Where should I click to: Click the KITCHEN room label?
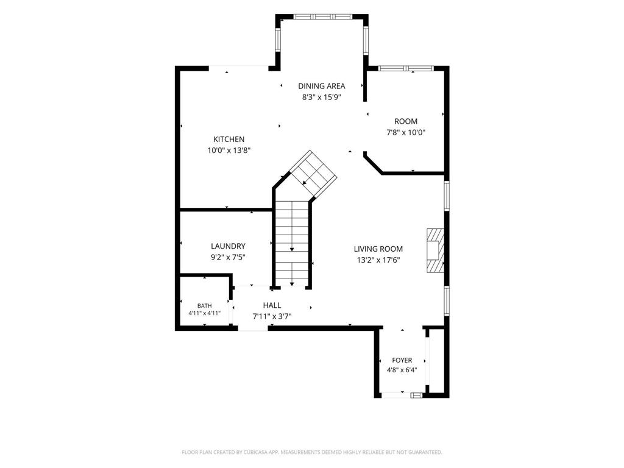tap(229, 140)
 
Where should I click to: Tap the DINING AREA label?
tap(322, 86)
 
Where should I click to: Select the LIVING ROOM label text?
tap(378, 249)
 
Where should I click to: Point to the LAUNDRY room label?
tap(228, 246)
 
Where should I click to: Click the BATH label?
tap(205, 306)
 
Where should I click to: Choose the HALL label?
tap(272, 305)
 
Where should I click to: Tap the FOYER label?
tap(402, 360)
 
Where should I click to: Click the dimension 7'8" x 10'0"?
tap(406, 132)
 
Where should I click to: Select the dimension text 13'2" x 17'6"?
tap(378, 260)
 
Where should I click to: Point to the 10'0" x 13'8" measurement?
tap(229, 151)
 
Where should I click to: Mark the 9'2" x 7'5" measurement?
tap(228, 258)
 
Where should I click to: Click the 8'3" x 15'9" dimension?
tap(322, 97)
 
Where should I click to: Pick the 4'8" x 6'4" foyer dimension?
tap(402, 370)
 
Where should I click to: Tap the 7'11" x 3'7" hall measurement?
tap(272, 317)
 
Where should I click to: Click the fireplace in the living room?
tap(435, 250)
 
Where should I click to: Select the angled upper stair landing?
tap(313, 174)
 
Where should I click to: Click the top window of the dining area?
tap(323, 16)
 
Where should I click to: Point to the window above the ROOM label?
tap(406, 68)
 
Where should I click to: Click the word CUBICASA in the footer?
tap(254, 453)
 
